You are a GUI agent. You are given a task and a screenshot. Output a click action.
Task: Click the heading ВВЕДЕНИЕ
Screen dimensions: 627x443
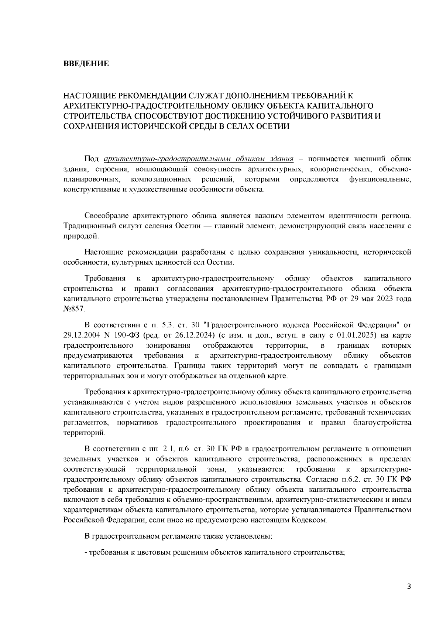click(x=86, y=64)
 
